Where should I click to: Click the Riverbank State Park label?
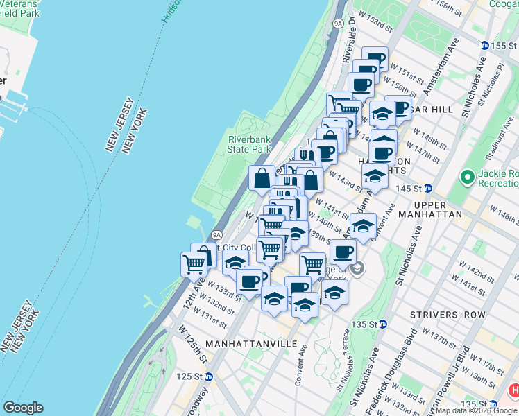[249, 144]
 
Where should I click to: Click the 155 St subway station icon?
[484, 45]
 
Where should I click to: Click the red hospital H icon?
[514, 390]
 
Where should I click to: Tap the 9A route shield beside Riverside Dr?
[338, 23]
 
